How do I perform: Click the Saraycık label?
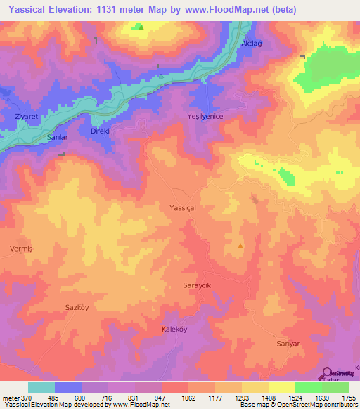(198, 287)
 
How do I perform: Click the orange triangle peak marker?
(241, 246)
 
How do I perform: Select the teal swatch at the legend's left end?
(41, 387)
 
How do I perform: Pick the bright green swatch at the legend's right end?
(335, 387)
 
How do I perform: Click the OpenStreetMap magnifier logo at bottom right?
(328, 372)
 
